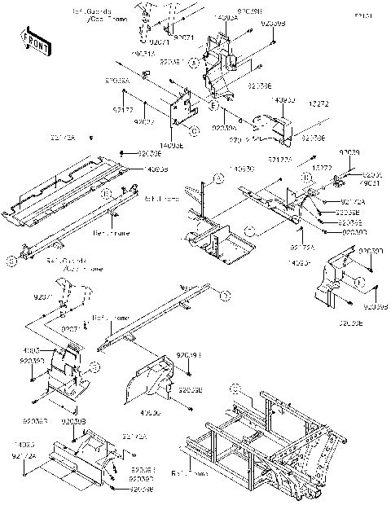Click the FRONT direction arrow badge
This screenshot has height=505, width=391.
coord(32,41)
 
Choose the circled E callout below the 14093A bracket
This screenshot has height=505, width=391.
coord(210,106)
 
